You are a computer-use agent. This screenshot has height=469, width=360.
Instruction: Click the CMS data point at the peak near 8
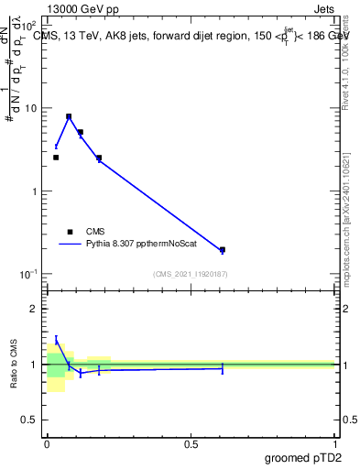coord(69,117)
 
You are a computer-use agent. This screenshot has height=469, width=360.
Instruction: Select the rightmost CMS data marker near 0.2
coord(223,249)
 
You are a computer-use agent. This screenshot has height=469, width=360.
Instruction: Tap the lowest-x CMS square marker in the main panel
coord(56,158)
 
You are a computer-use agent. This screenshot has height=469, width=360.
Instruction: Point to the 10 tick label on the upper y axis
coord(32,108)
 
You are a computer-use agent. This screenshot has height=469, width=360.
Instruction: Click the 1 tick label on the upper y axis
coord(35,191)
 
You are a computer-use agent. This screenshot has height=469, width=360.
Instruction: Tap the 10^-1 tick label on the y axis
coord(30,275)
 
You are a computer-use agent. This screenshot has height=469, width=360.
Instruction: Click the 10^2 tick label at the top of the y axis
coord(30,26)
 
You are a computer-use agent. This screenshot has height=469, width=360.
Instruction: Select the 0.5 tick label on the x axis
coord(191,444)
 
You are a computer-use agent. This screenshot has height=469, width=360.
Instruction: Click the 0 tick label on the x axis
coord(47,444)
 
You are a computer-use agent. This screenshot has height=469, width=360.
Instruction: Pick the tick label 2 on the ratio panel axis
coord(35,309)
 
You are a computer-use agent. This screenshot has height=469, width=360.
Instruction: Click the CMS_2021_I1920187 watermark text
coord(191,274)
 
